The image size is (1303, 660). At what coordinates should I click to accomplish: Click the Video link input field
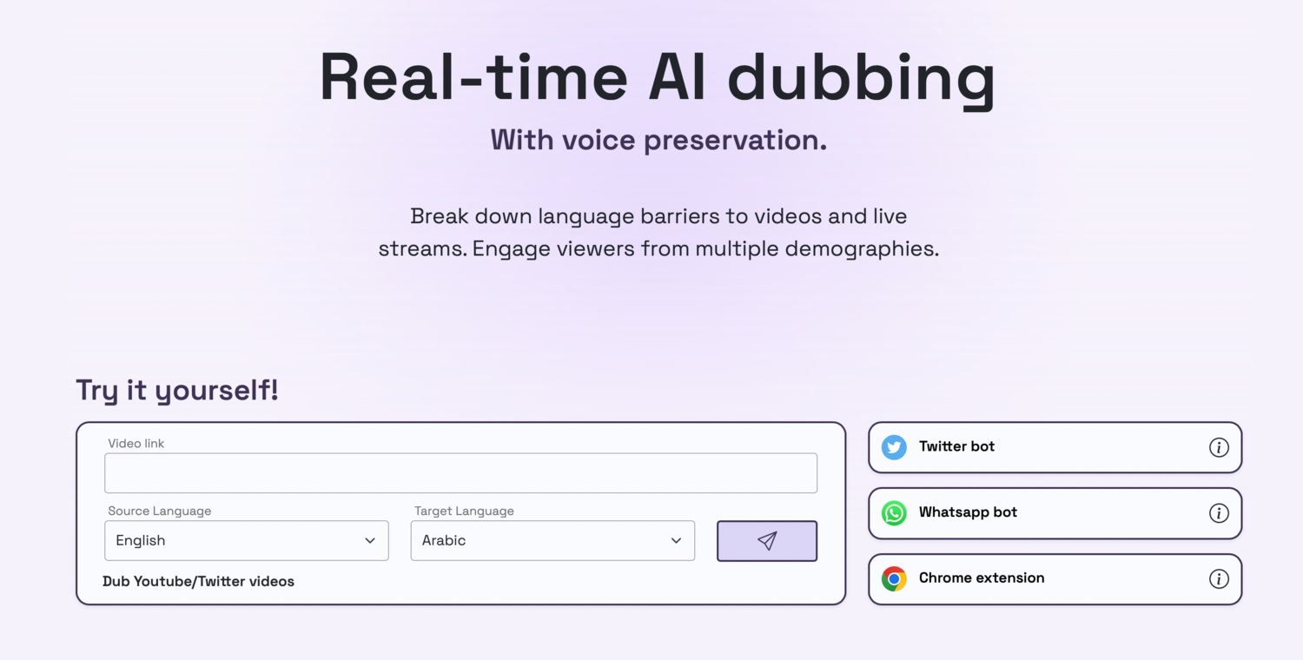[x=460, y=472]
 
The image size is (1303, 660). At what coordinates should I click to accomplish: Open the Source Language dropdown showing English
[x=247, y=540]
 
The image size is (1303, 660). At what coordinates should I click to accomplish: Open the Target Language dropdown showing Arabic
[x=552, y=540]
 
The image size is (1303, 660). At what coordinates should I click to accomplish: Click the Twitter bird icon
[x=894, y=447]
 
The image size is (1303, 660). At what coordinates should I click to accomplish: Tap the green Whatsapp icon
[x=894, y=513]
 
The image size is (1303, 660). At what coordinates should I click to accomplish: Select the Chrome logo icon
[x=894, y=578]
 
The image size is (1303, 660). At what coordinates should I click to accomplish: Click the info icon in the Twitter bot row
[x=1219, y=447]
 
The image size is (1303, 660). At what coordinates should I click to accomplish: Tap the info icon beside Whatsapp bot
[x=1219, y=513]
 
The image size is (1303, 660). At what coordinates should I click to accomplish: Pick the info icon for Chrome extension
[x=1219, y=578]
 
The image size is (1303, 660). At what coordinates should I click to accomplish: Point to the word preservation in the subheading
[x=735, y=141]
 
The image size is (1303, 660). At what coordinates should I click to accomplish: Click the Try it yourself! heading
[x=177, y=390]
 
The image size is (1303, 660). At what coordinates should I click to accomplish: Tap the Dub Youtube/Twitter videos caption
[x=198, y=582]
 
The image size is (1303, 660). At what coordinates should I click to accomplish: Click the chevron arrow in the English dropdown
[x=370, y=541]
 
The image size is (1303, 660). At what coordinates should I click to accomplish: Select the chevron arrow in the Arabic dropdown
[x=676, y=541]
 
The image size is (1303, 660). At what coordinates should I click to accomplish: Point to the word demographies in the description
[x=862, y=249]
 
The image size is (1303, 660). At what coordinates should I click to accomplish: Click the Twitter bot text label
[x=957, y=446]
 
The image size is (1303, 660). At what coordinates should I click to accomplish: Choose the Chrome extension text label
[x=982, y=578]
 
